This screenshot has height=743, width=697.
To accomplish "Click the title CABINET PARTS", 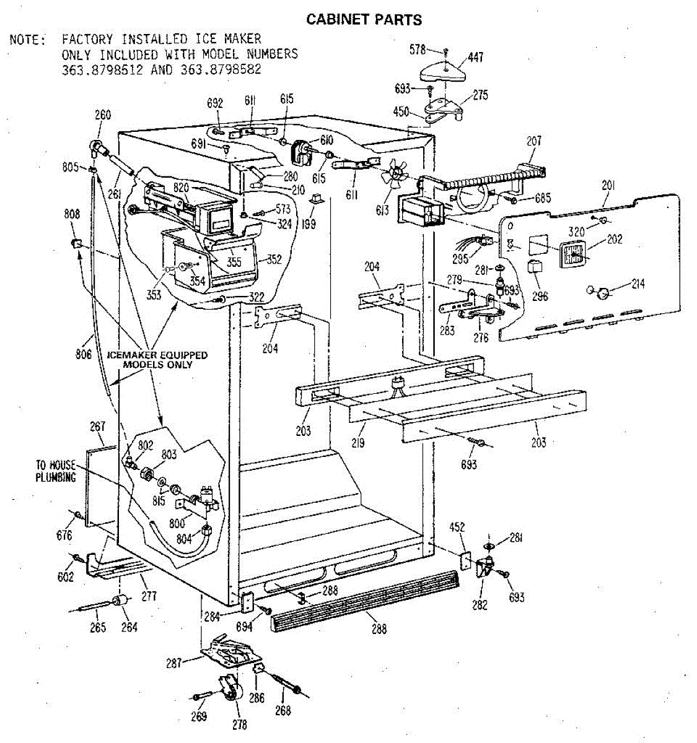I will point(364,20).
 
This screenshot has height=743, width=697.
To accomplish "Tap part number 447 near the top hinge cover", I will point(475,58).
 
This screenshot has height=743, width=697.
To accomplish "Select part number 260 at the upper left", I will point(102,115).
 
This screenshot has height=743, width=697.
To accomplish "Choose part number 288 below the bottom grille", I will point(379,628).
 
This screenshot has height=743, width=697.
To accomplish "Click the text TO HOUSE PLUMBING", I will point(55,471).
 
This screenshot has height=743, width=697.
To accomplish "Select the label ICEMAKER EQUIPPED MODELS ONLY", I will point(157,360).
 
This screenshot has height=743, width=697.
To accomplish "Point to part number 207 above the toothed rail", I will point(533,141).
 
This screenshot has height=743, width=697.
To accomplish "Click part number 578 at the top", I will point(418,50).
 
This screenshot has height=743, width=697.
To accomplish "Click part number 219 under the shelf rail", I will point(357,443).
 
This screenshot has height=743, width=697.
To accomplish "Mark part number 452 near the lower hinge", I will point(457,528).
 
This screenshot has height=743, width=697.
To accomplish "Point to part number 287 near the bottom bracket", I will point(174,663).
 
